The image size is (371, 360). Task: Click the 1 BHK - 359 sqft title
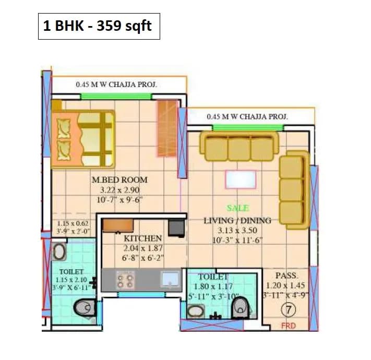coord(99,26)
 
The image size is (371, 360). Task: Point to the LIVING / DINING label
coord(237,221)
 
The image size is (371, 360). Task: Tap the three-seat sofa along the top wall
coord(239,146)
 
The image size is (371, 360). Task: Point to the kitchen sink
coord(169,280)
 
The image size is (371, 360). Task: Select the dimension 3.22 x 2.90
coord(119,190)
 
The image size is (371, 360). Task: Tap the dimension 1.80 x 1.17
coord(213,286)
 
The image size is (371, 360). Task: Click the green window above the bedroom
coord(116,97)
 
